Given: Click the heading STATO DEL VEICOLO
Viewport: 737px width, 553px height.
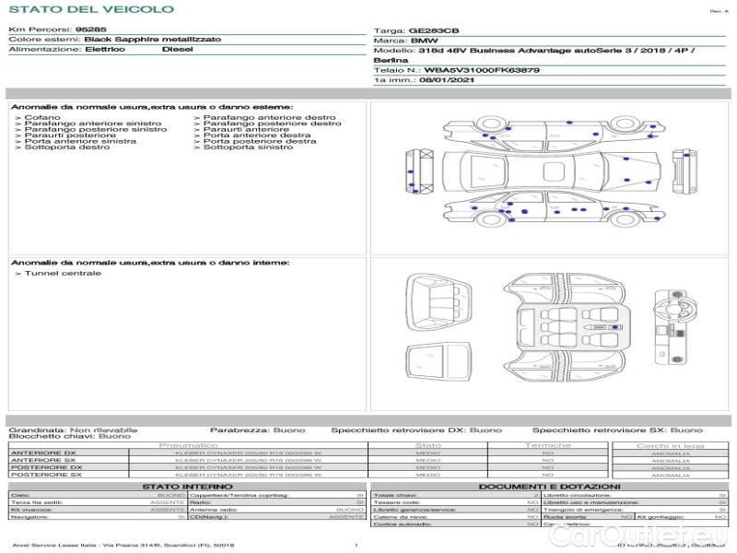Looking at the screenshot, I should (x=91, y=9).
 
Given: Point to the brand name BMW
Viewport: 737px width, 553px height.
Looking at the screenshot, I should (x=425, y=41).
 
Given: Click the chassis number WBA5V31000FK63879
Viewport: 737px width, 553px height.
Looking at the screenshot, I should (x=475, y=70).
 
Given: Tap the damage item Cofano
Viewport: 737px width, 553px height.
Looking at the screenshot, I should (x=42, y=118).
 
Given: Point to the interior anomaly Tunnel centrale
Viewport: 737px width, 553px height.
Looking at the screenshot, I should (x=63, y=273).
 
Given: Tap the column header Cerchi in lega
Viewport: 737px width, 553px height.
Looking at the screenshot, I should (x=670, y=445).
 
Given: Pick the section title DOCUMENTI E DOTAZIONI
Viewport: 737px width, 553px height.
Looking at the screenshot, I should (x=549, y=487).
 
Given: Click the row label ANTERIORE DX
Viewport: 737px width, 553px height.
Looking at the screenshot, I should (x=43, y=453).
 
